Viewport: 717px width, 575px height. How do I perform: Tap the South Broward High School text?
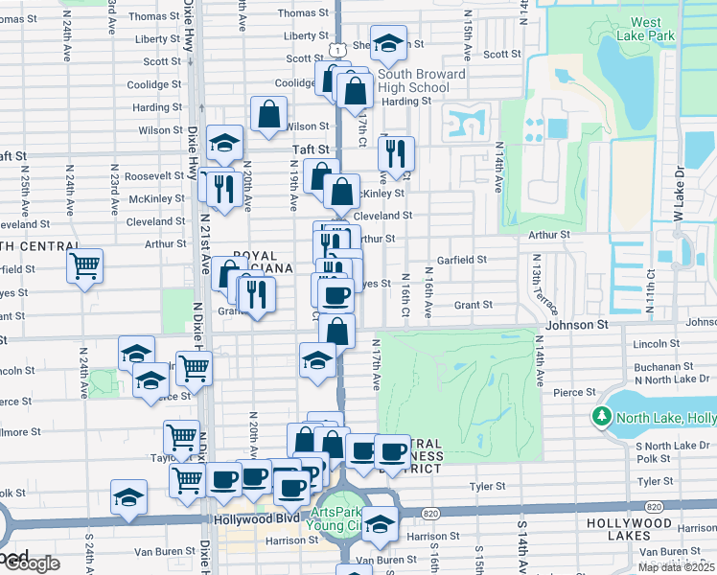[x=421, y=80]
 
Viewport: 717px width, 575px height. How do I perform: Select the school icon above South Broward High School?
[x=388, y=44]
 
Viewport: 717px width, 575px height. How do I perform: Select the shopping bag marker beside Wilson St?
[x=268, y=114]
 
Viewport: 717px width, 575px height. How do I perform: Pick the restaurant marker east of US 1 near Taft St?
[x=395, y=152]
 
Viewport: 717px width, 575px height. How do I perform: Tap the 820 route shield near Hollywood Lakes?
[x=654, y=506]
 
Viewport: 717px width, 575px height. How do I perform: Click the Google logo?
[x=31, y=563]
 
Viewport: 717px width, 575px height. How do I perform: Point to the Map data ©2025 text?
[x=676, y=567]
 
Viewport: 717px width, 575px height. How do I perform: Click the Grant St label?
[x=473, y=305]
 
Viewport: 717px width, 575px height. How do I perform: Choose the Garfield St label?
[x=462, y=259]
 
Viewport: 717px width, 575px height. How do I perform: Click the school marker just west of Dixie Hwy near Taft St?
[x=224, y=144]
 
